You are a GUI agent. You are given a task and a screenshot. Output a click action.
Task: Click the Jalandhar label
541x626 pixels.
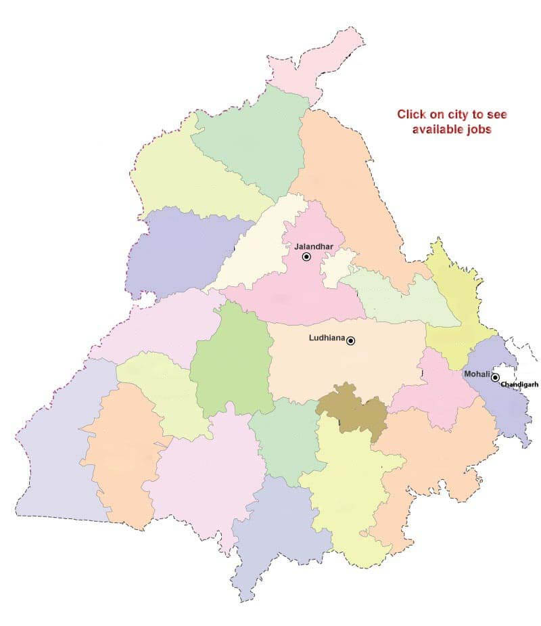click(x=314, y=246)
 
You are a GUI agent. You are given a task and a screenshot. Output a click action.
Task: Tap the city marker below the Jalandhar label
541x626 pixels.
click(x=306, y=257)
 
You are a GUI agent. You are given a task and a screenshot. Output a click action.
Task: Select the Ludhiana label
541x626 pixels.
click(x=327, y=337)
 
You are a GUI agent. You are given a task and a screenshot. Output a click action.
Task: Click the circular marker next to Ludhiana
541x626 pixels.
click(x=350, y=340)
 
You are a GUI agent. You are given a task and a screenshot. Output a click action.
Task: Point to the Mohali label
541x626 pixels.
click(x=476, y=374)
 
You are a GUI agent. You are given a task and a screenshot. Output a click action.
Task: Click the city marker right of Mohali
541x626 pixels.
click(x=495, y=377)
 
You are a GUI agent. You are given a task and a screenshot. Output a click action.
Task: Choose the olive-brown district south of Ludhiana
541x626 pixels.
click(x=352, y=408)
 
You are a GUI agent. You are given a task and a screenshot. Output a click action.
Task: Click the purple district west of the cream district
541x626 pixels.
click(x=183, y=250)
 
